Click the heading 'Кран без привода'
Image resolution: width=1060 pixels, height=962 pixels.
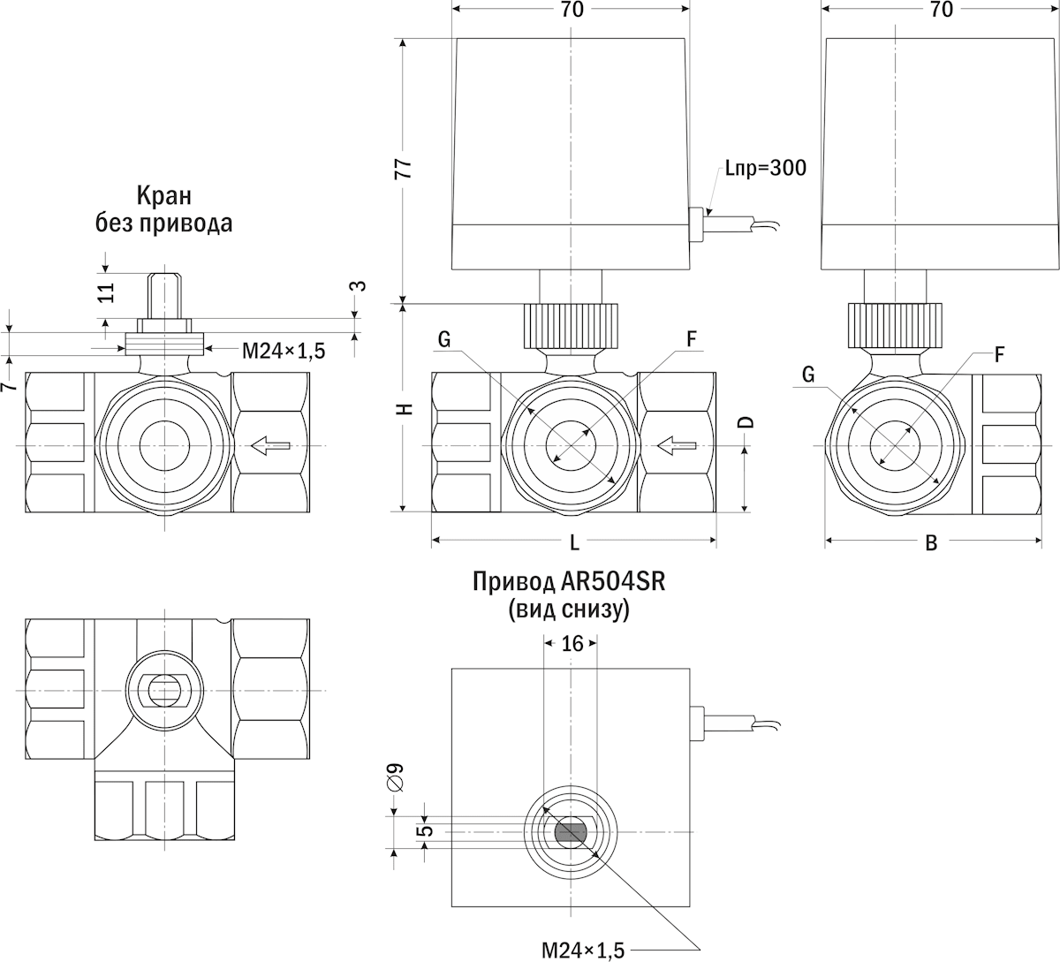163,209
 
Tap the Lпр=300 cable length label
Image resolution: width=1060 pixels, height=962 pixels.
765,168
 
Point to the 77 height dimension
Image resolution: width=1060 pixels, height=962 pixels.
403,170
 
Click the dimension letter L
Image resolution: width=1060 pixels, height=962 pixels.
575,541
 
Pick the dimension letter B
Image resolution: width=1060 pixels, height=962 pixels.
930,543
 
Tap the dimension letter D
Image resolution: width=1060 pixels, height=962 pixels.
746,421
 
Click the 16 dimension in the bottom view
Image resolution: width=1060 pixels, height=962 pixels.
572,643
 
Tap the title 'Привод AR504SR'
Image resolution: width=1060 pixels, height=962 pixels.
569,582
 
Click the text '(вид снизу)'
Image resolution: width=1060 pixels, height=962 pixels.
569,610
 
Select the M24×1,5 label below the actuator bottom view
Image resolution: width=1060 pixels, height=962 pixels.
583,950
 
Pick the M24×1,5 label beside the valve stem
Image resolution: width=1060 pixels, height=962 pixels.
284,351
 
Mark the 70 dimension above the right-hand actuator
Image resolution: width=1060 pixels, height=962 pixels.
942,10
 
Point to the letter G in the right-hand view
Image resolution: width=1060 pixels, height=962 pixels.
808,375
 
